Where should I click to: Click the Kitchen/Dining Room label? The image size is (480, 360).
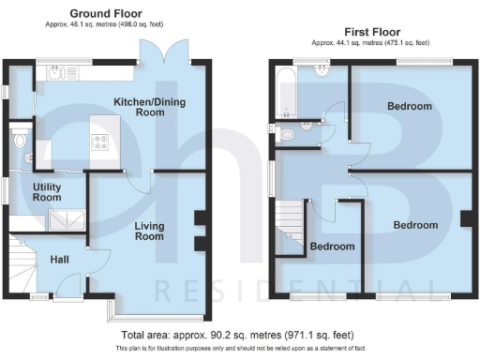139,107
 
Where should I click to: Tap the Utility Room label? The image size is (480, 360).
47,193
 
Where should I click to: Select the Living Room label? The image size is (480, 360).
149,232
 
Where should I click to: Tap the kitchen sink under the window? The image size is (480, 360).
58,71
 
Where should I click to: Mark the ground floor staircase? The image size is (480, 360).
23,258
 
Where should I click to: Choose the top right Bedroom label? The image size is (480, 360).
410,107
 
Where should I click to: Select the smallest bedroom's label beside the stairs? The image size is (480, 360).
333,247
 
